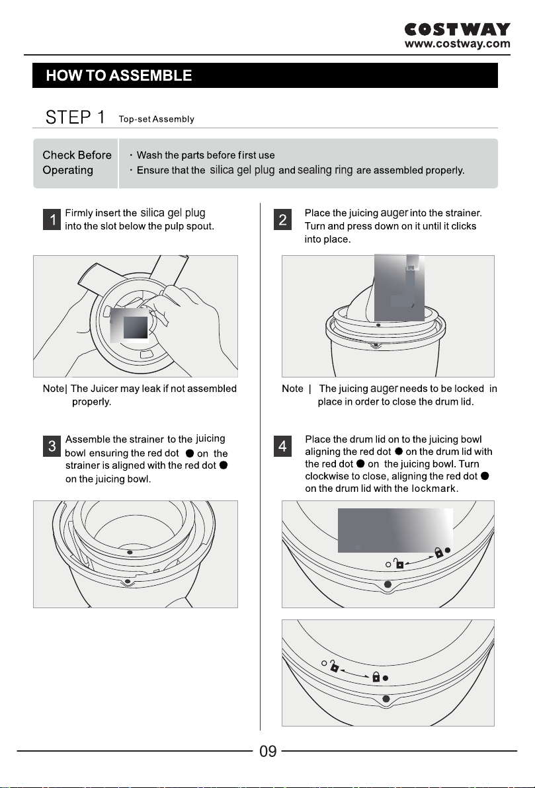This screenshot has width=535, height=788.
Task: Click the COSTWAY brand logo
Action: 457,29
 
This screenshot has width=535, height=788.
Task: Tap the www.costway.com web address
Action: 457,44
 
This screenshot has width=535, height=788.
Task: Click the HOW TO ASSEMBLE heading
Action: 118,75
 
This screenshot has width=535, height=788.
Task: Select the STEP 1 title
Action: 75,117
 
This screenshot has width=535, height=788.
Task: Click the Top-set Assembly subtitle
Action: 156,119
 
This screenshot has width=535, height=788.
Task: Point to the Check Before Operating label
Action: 77,163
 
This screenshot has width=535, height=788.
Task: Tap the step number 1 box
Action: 52,219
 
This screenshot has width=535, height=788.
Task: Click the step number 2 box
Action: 282,219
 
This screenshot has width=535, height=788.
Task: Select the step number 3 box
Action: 52,446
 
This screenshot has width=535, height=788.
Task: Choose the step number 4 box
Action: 282,446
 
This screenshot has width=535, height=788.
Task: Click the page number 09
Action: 268,752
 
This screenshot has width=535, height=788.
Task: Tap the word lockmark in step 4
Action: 433,489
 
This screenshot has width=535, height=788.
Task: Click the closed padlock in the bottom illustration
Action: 376,676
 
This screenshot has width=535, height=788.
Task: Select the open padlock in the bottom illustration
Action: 334,666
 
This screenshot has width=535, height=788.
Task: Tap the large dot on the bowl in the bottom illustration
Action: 386,699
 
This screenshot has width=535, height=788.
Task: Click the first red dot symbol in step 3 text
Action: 190,453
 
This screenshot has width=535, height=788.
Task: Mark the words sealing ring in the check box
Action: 325,170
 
